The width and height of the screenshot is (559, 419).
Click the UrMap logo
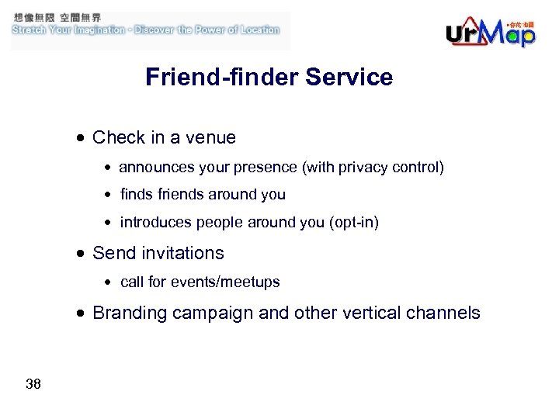pos(490,32)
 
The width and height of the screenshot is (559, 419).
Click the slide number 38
pos(33,384)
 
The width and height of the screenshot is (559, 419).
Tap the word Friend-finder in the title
pos(222,78)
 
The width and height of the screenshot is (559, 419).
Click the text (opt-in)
pos(354,223)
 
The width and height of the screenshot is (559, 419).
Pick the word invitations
pos(182,254)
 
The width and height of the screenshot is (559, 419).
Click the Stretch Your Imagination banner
pos(145,29)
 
